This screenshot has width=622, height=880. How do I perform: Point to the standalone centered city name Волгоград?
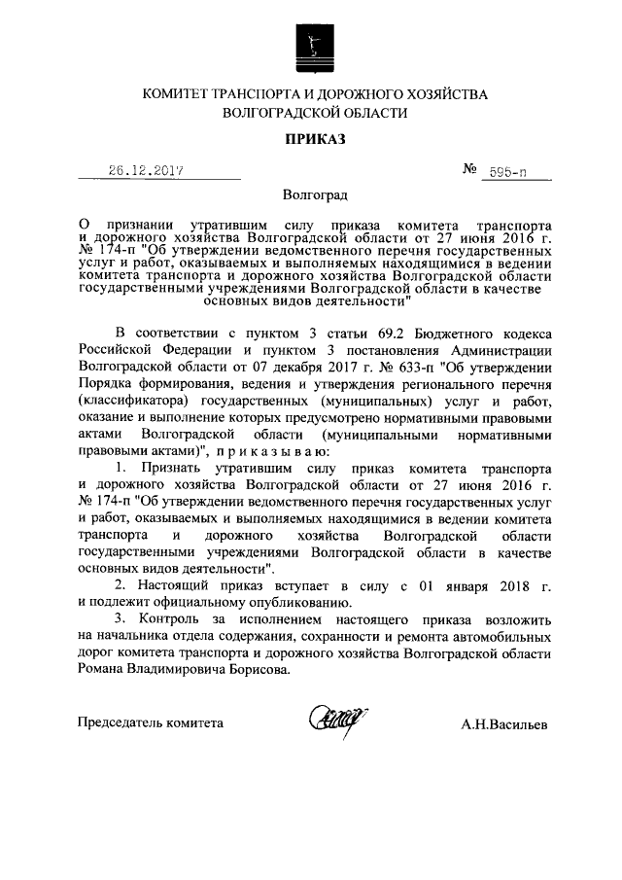tap(312, 194)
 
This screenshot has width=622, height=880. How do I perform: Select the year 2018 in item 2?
tap(511, 586)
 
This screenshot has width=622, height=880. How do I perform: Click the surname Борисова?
tap(260, 672)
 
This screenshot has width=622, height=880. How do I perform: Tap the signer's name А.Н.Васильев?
tap(503, 723)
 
